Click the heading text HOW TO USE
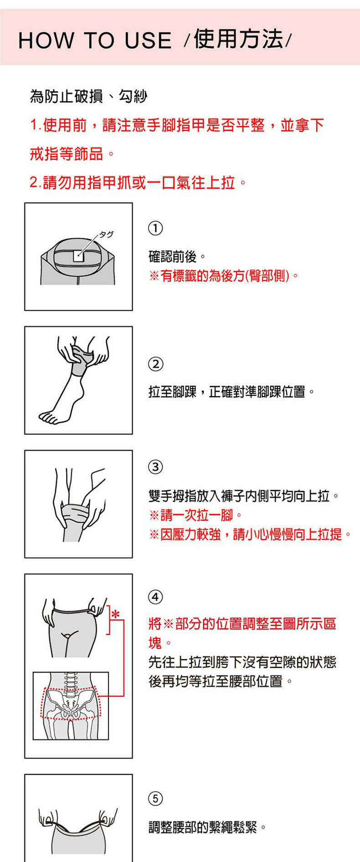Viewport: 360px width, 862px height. click(95, 41)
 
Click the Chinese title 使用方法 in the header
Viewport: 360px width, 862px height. click(238, 39)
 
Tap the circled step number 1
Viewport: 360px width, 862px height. click(155, 228)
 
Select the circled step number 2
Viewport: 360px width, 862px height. click(155, 364)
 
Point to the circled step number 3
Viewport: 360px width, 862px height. click(155, 467)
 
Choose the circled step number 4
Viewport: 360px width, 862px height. click(155, 597)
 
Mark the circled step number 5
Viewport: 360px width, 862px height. click(155, 798)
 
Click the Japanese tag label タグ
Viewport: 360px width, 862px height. click(106, 235)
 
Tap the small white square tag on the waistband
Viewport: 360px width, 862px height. click(78, 257)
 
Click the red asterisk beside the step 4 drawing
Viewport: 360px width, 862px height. click(116, 614)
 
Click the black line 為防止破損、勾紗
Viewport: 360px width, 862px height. click(88, 97)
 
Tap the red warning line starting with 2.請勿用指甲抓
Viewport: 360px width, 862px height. click(138, 183)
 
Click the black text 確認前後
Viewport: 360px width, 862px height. click(177, 257)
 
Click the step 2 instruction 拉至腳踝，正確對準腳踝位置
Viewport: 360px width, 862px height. click(231, 392)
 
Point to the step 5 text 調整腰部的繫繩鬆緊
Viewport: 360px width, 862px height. click(207, 827)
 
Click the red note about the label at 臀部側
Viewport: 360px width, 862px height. click(224, 276)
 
